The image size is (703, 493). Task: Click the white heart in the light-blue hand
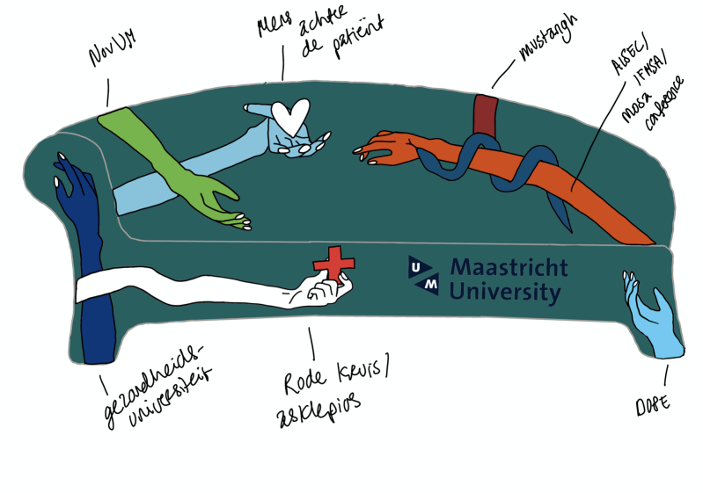click(290, 114)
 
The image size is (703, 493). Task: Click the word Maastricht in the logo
click(509, 266)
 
